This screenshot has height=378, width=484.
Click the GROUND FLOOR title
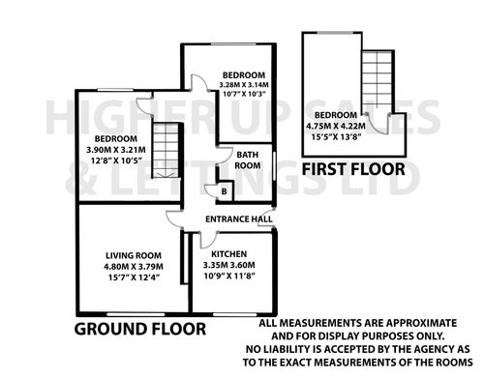[141, 329]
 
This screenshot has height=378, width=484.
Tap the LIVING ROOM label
[135, 256]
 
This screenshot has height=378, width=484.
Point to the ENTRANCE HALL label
[235, 219]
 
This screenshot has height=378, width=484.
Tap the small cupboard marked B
[225, 190]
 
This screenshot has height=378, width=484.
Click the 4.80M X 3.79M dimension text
[135, 268]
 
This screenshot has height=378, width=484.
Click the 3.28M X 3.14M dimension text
[244, 85]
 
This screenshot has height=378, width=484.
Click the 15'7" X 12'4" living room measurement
[135, 279]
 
